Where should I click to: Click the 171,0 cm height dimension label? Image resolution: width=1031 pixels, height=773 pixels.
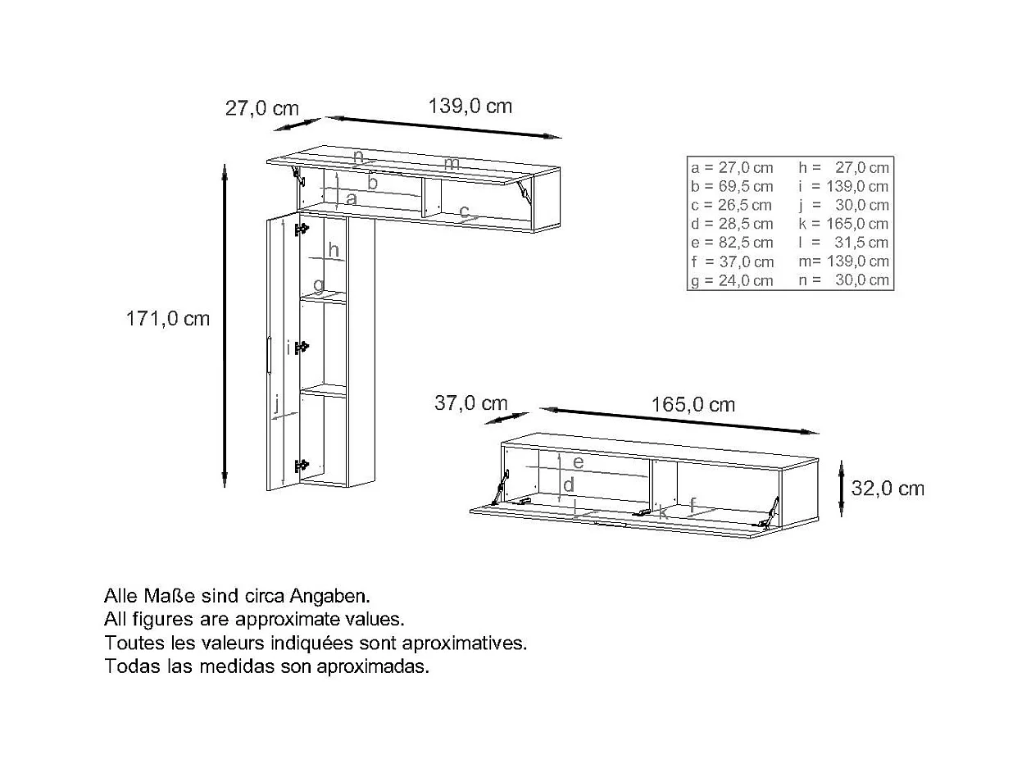click(x=168, y=319)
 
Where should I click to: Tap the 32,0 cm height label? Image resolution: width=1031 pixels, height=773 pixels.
click(x=888, y=489)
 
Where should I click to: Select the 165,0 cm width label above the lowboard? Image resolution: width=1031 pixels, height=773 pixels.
click(x=693, y=405)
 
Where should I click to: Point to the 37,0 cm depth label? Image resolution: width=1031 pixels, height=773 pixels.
click(x=470, y=403)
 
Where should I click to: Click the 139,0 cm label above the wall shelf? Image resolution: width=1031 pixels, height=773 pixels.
click(x=470, y=106)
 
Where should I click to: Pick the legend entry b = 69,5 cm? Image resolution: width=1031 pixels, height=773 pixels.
click(x=732, y=186)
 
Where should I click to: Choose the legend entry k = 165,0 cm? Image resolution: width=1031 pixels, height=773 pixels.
click(x=843, y=224)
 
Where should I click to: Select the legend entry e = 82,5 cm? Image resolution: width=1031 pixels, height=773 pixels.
click(x=732, y=243)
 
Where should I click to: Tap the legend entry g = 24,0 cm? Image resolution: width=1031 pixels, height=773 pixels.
click(x=732, y=281)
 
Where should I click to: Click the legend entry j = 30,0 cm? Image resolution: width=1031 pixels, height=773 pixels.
click(x=844, y=205)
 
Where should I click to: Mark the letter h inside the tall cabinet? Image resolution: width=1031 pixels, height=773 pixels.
click(x=334, y=249)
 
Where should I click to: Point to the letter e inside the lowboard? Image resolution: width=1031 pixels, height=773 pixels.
click(x=579, y=462)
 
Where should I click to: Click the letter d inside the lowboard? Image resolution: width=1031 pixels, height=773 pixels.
click(x=568, y=484)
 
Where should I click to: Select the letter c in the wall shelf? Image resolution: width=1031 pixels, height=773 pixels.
click(x=464, y=211)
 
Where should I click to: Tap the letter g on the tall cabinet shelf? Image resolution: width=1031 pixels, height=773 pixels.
click(x=319, y=284)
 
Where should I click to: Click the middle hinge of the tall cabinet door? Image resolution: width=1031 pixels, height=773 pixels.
click(x=302, y=347)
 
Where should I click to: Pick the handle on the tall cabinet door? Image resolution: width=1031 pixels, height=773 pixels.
click(x=269, y=355)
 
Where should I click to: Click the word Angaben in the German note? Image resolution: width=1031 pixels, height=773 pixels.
click(x=329, y=597)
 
